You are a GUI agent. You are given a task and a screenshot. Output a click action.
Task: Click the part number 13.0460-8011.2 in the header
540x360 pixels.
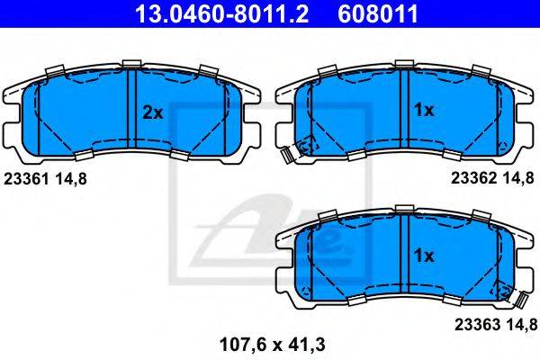(x=221, y=13)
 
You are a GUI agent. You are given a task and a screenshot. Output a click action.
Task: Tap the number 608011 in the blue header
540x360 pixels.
(x=378, y=13)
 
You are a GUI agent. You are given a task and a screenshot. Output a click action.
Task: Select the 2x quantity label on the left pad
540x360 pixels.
(x=153, y=112)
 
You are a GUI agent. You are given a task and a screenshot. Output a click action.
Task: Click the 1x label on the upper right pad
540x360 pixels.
(x=424, y=110)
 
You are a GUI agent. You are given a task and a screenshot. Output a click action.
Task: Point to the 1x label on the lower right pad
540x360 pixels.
(x=424, y=256)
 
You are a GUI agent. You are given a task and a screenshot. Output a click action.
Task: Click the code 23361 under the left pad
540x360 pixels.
(x=26, y=179)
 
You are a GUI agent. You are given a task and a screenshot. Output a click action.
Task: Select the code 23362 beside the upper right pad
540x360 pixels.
(x=474, y=178)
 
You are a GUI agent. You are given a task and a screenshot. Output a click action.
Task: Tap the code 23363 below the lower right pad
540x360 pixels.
(x=477, y=324)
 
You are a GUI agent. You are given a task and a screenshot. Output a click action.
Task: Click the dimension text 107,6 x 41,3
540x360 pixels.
(x=272, y=345)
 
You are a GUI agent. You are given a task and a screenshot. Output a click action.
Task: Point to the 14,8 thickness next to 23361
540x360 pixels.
(x=70, y=179)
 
